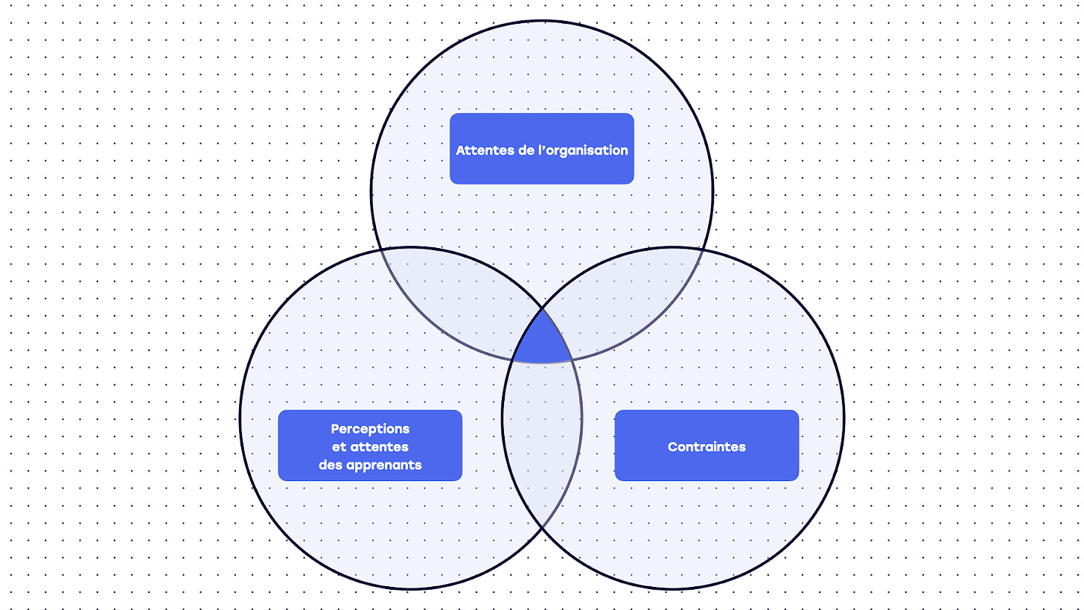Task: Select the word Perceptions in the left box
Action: (370, 429)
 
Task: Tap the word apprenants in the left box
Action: (384, 465)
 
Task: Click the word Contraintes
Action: (707, 447)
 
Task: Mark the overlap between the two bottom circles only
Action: (541, 439)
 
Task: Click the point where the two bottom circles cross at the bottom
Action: (541, 527)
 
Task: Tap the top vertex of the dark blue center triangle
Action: (541, 307)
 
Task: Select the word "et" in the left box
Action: (337, 447)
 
